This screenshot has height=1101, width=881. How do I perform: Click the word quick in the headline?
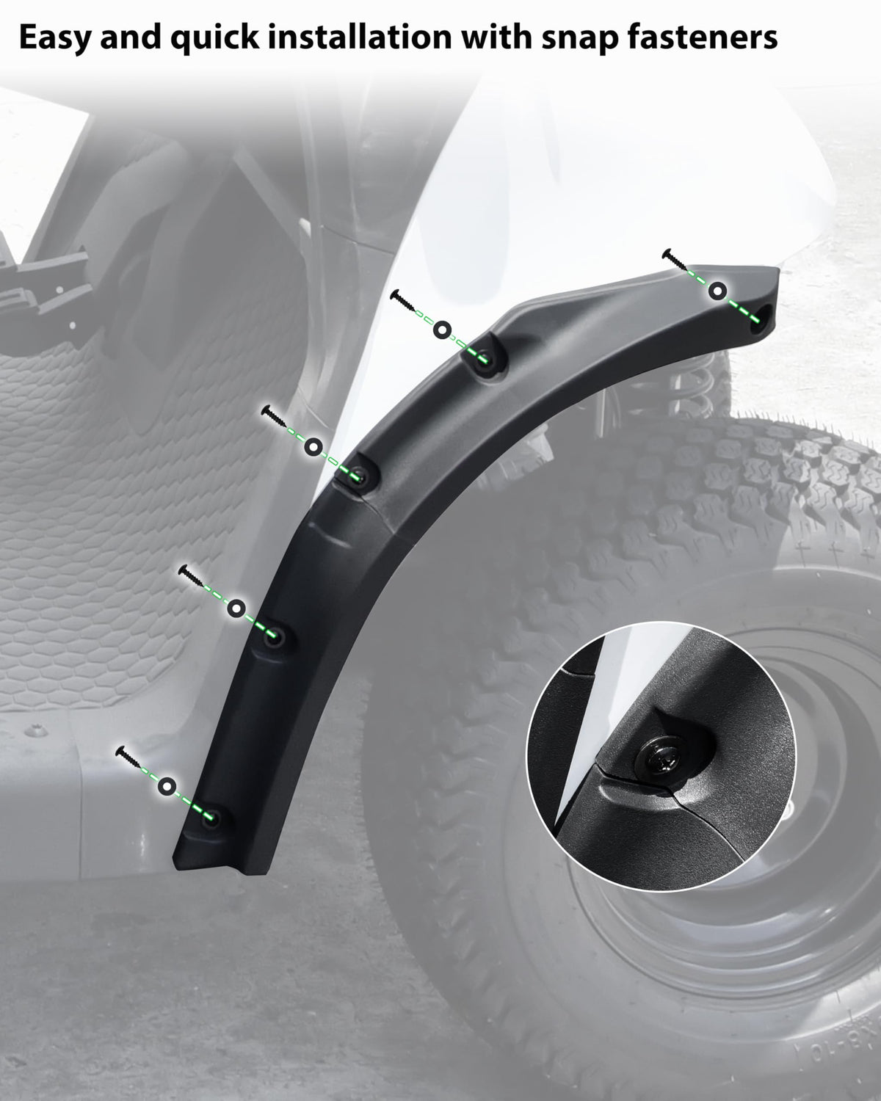pyautogui.click(x=214, y=38)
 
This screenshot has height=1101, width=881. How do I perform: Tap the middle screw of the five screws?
pyautogui.click(x=274, y=416)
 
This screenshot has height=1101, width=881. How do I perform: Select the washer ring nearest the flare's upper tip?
pyautogui.click(x=718, y=291)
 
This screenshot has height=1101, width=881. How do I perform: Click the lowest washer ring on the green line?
pyautogui.click(x=167, y=786)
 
